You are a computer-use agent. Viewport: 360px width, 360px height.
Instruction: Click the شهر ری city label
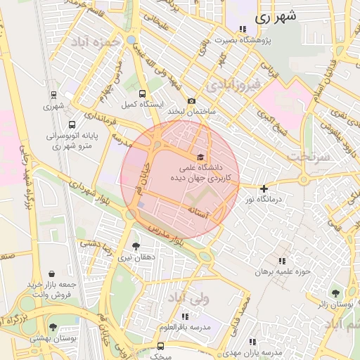click(x=274, y=18)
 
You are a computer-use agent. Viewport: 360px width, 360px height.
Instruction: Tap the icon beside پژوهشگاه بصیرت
click(x=243, y=30)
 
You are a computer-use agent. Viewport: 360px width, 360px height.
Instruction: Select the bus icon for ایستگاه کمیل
click(x=143, y=94)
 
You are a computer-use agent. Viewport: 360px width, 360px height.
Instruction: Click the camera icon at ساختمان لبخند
click(x=191, y=101)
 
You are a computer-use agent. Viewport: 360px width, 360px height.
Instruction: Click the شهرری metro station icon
click(x=53, y=95)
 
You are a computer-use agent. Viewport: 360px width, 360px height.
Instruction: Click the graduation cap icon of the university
click(x=201, y=157)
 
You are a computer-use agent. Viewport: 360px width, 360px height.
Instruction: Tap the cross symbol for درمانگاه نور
click(x=264, y=188)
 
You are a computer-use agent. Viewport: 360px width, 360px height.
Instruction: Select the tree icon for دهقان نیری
click(x=135, y=246)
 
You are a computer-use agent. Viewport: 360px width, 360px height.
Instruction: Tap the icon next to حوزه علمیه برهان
click(x=282, y=261)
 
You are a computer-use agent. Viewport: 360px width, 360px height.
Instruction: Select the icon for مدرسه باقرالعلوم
click(x=185, y=317)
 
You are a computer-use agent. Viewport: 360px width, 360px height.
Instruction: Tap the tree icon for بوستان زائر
click(x=335, y=293)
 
